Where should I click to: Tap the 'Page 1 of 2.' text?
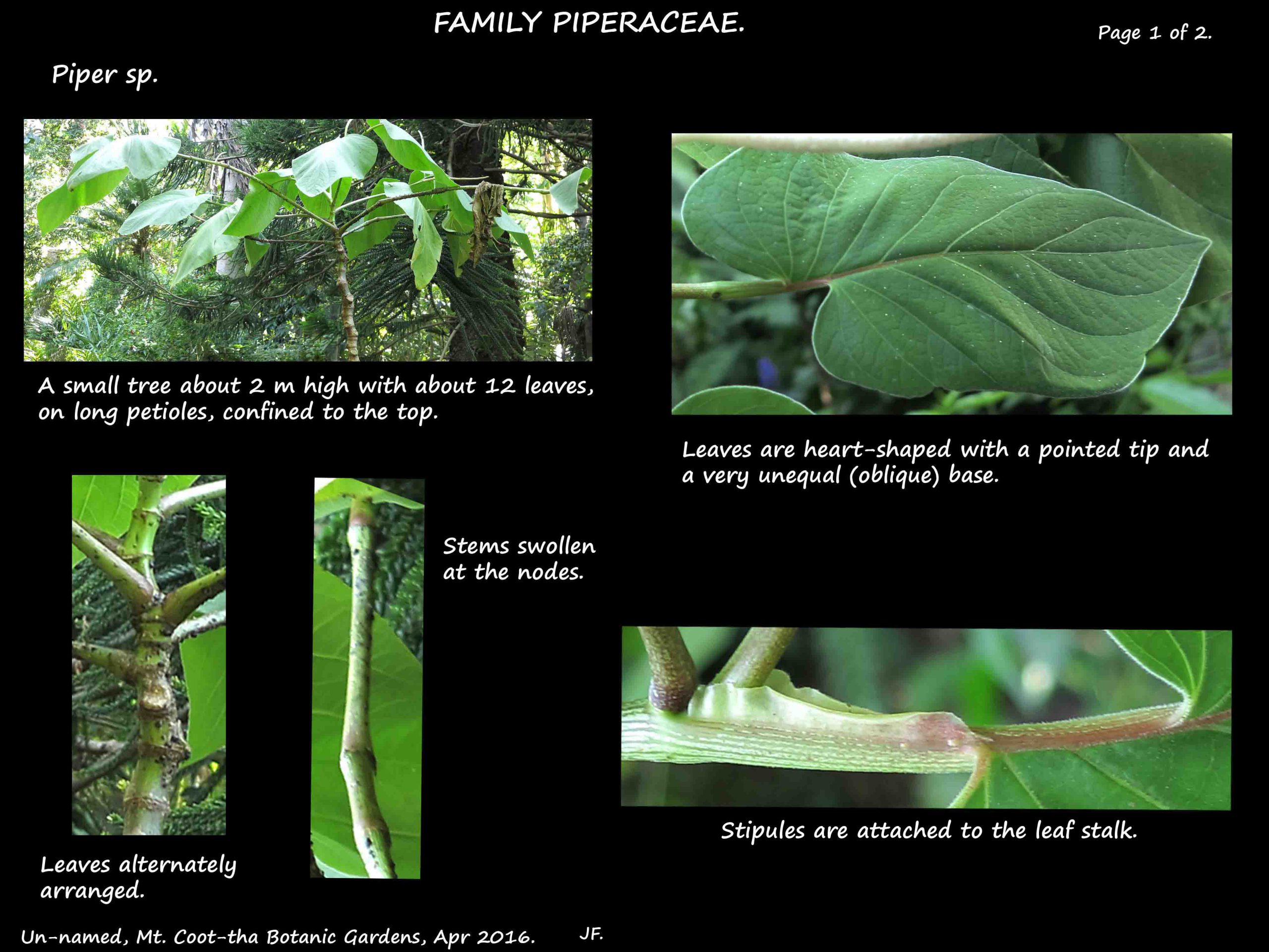click(x=1154, y=33)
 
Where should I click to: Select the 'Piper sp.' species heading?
click(x=105, y=74)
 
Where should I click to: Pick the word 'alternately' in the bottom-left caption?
click(x=178, y=865)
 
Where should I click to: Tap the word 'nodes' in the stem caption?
click(x=550, y=572)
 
